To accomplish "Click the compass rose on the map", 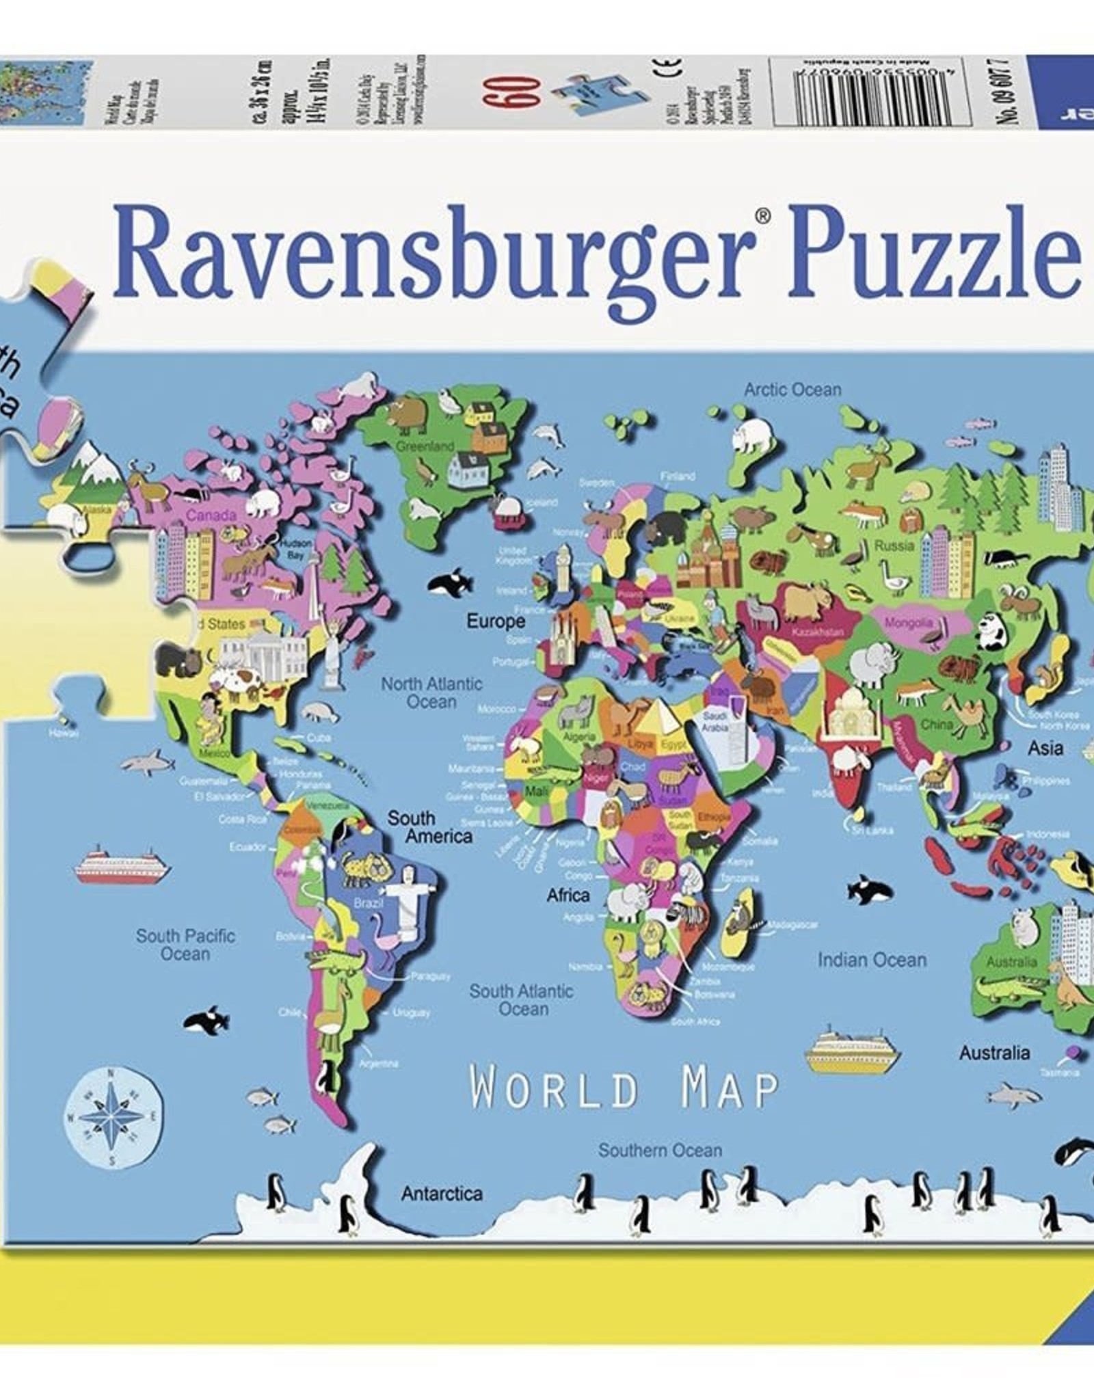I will pyautogui.click(x=115, y=1116).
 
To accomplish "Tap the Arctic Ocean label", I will pyautogui.click(x=792, y=390).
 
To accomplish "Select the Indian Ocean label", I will pyautogui.click(x=872, y=960).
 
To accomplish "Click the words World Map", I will pyautogui.click(x=624, y=1089).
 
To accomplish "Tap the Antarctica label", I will pyautogui.click(x=442, y=1194).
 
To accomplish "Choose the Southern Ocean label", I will pyautogui.click(x=660, y=1150).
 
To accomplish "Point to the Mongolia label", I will pyautogui.click(x=908, y=623).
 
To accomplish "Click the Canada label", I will pyautogui.click(x=211, y=515).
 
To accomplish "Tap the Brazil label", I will pyautogui.click(x=369, y=904).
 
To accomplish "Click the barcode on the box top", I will pyautogui.click(x=870, y=92).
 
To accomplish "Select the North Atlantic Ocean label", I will pyautogui.click(x=431, y=692).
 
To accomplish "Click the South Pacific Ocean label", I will pyautogui.click(x=185, y=945).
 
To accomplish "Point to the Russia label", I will pyautogui.click(x=894, y=546).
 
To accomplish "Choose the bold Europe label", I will pyautogui.click(x=496, y=621).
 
